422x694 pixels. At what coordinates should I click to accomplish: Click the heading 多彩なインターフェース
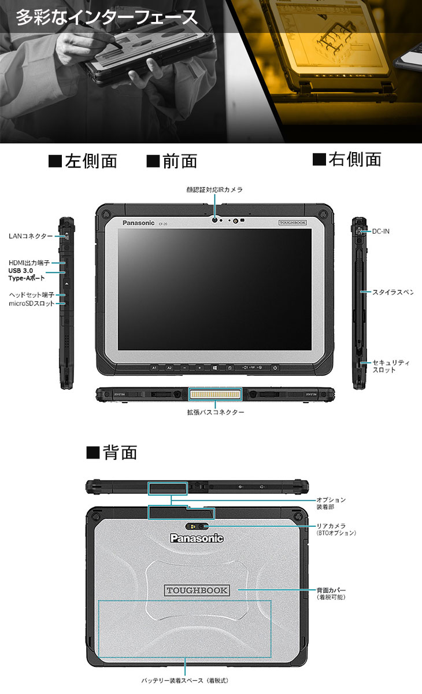click(106, 17)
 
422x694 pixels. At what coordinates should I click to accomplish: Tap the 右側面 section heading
click(346, 159)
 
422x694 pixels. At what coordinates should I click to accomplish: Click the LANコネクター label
click(31, 236)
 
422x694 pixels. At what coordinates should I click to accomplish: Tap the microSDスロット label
click(32, 303)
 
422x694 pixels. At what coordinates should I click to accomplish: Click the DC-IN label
click(380, 231)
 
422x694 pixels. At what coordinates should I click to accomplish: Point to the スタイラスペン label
click(393, 293)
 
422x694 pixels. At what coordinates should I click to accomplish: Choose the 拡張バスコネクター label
click(215, 412)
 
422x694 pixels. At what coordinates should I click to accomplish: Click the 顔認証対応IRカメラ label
click(214, 189)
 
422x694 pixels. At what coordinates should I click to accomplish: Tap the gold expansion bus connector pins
click(214, 394)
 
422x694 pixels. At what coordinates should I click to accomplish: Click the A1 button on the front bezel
click(154, 368)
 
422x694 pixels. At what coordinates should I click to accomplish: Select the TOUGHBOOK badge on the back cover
click(197, 590)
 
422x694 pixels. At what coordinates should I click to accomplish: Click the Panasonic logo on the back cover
click(197, 538)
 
